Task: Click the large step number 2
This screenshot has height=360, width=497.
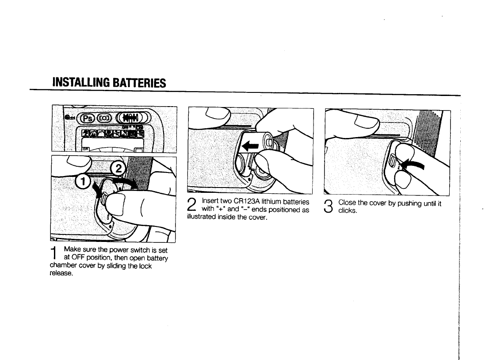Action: (191, 206)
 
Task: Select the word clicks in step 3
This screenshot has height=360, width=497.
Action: (348, 211)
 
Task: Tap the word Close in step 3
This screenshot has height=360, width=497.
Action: (346, 203)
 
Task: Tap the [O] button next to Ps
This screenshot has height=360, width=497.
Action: (104, 118)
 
